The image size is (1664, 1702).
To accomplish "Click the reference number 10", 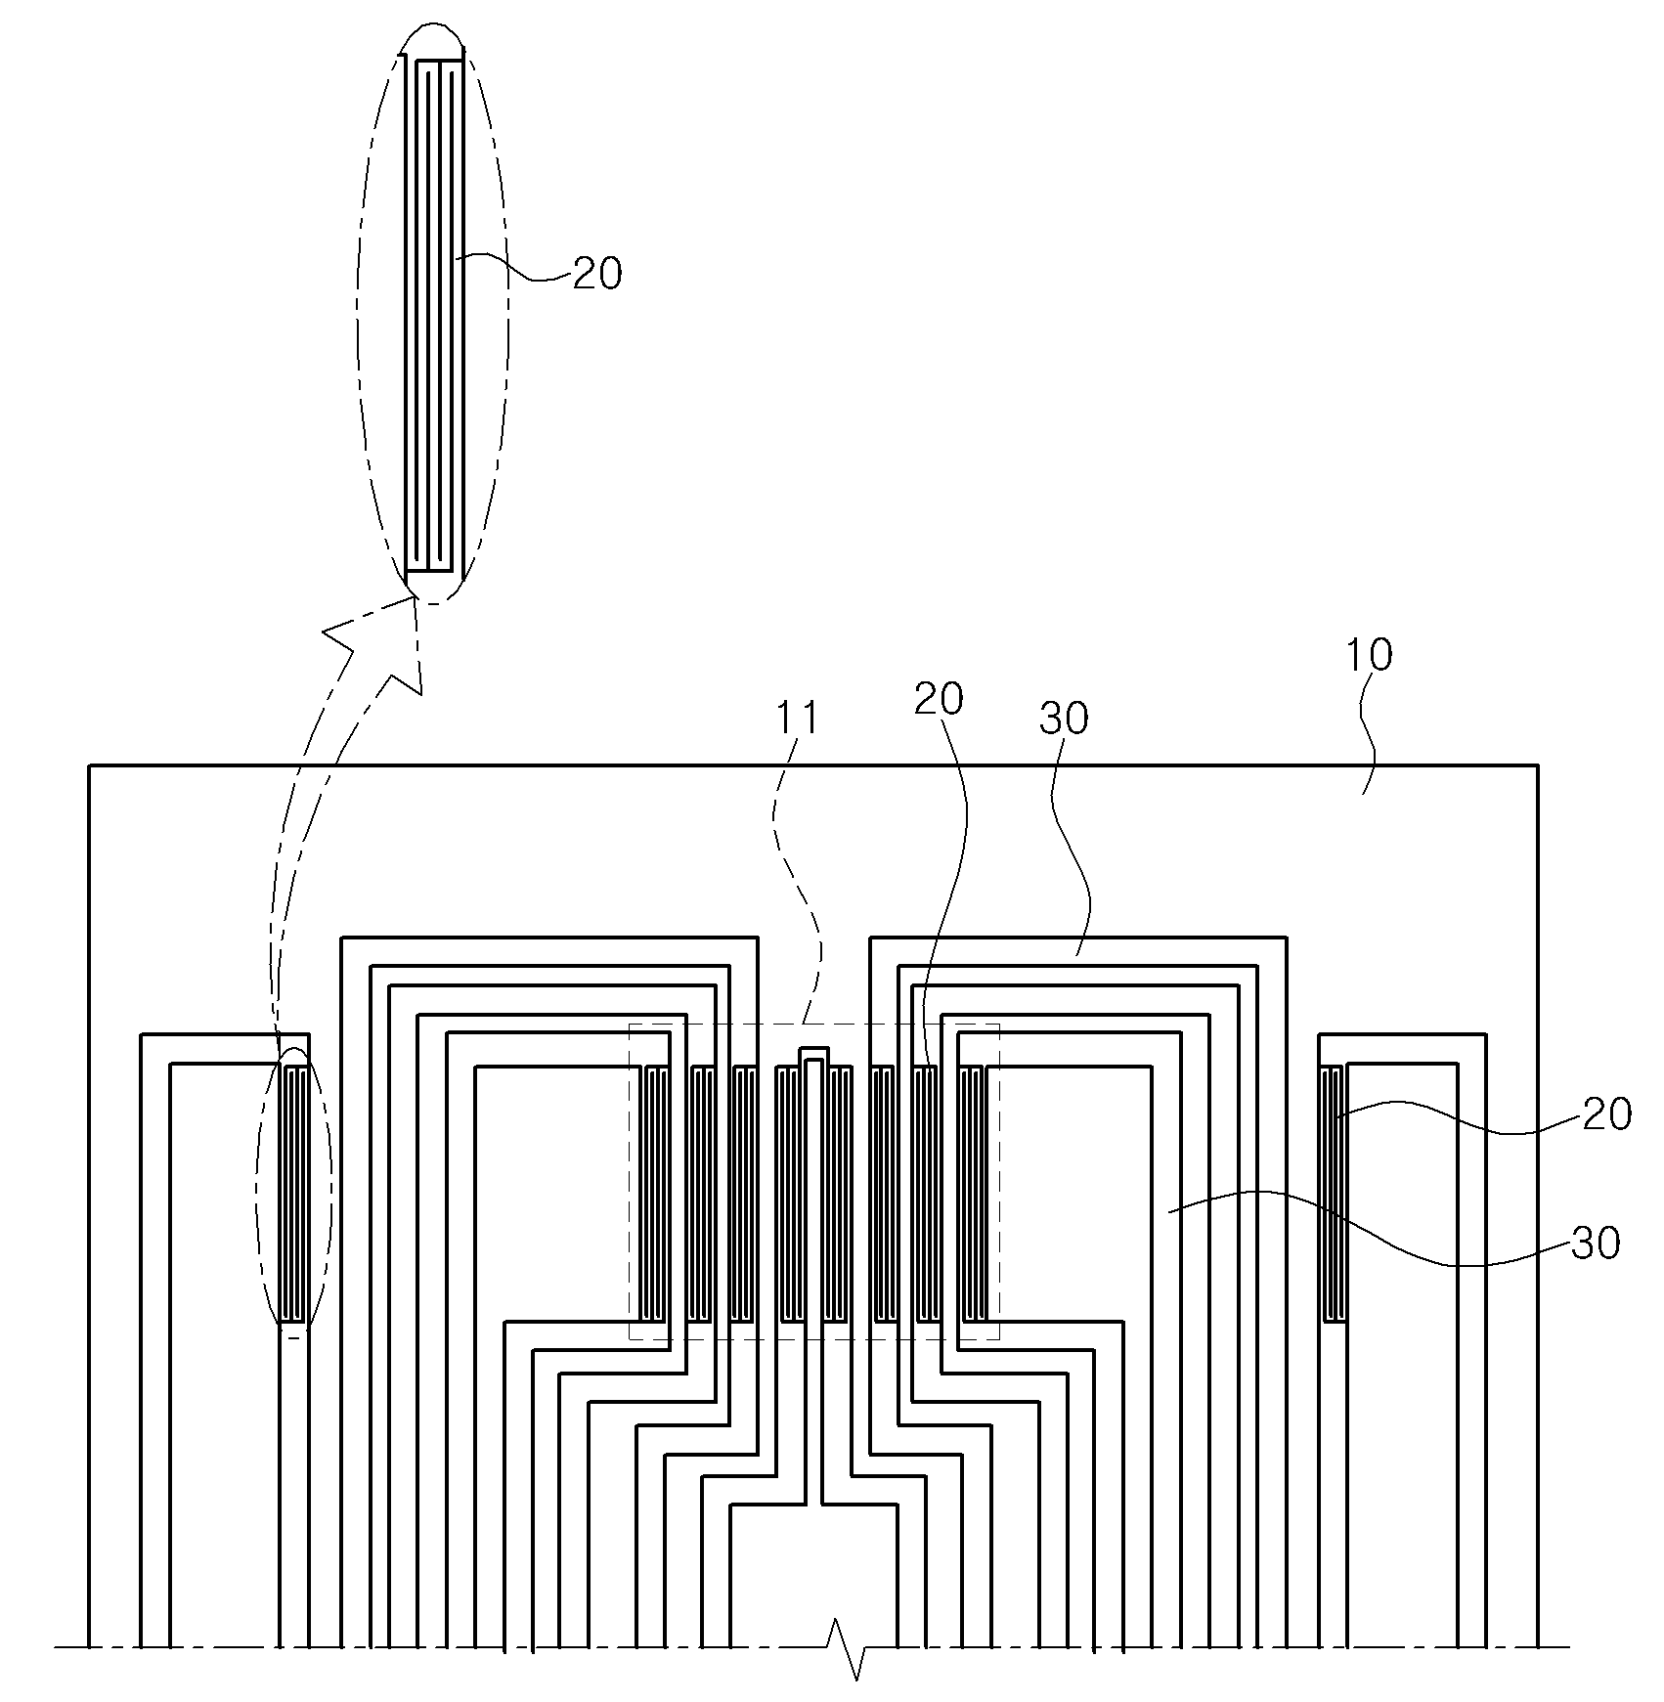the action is coord(1369,656).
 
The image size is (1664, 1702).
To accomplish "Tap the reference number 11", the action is coord(797,719).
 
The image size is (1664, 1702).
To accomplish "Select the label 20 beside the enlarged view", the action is coord(597,275).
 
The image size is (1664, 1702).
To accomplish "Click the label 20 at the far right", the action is coord(1607,1115).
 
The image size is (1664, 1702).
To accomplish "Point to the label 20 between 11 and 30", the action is coord(939,699).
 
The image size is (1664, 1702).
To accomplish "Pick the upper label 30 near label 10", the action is coord(1064,720).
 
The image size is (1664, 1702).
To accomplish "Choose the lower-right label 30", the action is coord(1596,1244).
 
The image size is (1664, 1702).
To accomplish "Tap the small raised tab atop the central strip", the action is coord(813,1056).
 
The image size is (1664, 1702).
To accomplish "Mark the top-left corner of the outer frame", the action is coord(89,764).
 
